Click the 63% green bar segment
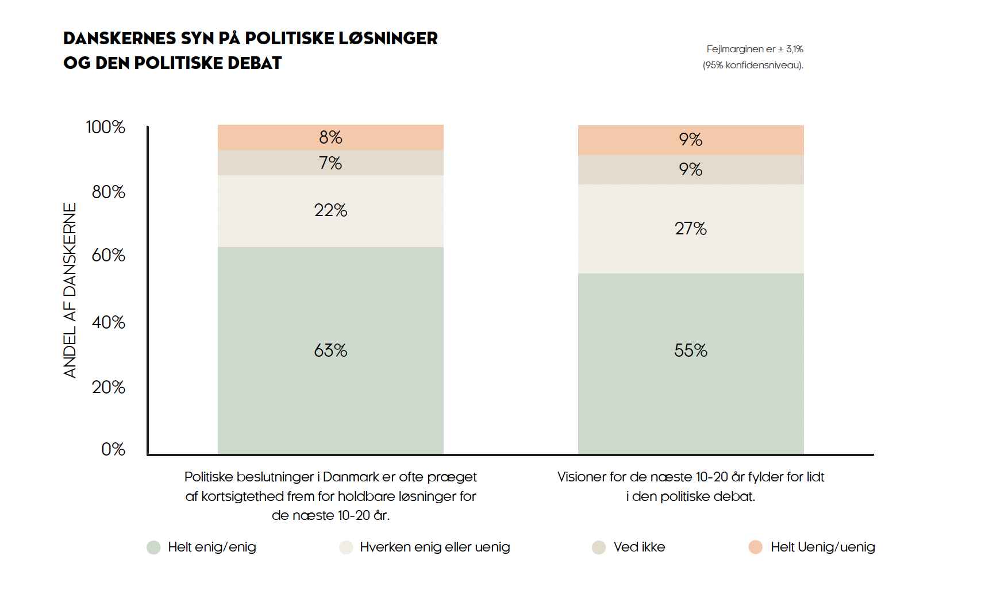coord(330,350)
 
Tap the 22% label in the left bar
coord(330,210)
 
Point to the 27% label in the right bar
coord(690,229)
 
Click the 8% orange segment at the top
coord(330,137)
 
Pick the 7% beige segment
coord(330,163)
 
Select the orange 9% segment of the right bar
coord(690,140)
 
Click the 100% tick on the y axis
coord(106,127)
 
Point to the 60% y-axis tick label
coord(109,255)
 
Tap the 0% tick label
coord(113,449)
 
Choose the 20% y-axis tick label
coord(109,387)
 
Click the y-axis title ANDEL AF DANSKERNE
coord(70,290)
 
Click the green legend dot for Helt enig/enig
coord(153,547)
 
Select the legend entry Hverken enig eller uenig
coord(434,547)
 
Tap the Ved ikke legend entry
coord(638,547)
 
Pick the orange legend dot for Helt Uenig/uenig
coord(756,547)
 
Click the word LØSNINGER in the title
coord(388,38)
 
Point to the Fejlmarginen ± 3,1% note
coord(754,49)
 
